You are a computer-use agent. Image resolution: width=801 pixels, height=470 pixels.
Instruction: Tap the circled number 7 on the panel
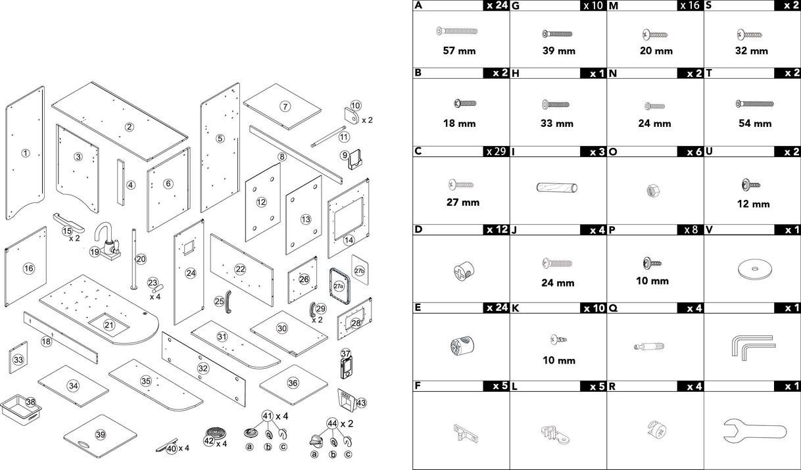click(285, 106)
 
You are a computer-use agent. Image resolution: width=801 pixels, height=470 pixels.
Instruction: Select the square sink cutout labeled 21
click(109, 325)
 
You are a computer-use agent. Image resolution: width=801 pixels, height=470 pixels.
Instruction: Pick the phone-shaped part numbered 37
click(347, 364)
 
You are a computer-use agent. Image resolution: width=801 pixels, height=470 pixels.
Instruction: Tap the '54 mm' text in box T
click(752, 124)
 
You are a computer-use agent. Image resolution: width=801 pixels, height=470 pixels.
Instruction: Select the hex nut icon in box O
click(654, 191)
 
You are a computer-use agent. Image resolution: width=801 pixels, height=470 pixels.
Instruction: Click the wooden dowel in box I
click(557, 188)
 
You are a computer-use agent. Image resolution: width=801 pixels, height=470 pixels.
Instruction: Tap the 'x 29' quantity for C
click(497, 151)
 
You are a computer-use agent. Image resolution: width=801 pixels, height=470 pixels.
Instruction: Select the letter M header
click(614, 6)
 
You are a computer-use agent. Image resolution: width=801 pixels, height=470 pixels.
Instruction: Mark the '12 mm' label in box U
click(752, 204)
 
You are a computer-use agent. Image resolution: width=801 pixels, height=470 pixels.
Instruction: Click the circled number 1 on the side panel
click(25, 153)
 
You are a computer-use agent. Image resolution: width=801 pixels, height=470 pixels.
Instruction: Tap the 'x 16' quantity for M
click(689, 6)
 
